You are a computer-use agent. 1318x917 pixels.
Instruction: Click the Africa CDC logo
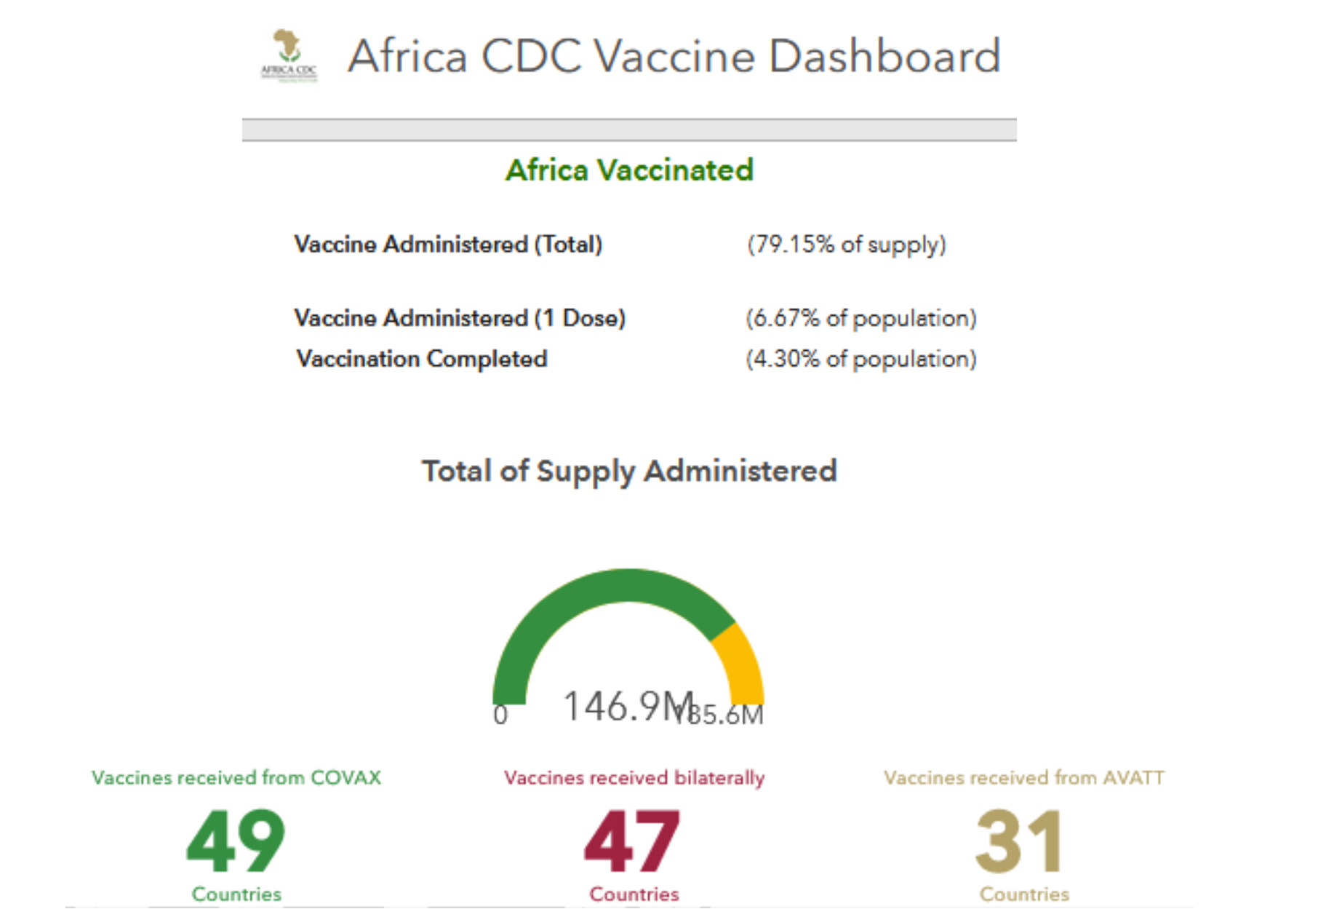click(289, 55)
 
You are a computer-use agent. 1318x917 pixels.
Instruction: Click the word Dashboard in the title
click(884, 57)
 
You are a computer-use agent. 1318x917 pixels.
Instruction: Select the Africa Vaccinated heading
click(629, 170)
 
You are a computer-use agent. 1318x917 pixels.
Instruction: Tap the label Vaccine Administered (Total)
click(448, 245)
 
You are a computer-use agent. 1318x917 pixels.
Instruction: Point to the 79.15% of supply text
click(847, 245)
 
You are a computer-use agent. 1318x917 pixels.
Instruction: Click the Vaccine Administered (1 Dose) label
click(460, 318)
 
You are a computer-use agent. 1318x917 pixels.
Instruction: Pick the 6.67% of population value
click(861, 318)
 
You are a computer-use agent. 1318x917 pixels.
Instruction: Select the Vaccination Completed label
click(422, 359)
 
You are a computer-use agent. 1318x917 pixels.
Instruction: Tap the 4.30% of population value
click(861, 359)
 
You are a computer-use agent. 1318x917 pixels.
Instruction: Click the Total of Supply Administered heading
click(629, 471)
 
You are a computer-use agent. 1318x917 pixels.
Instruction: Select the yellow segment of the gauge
click(740, 659)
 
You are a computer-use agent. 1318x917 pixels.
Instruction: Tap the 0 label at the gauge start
click(500, 715)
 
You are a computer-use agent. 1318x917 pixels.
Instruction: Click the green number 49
click(236, 841)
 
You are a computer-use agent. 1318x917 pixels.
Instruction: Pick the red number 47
click(632, 841)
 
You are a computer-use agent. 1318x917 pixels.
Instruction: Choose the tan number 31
click(1020, 841)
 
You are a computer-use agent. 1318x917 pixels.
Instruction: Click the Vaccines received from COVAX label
click(236, 778)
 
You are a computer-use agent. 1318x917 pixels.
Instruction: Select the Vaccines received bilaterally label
click(634, 778)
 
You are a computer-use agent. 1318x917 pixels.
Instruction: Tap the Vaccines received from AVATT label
click(1024, 778)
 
